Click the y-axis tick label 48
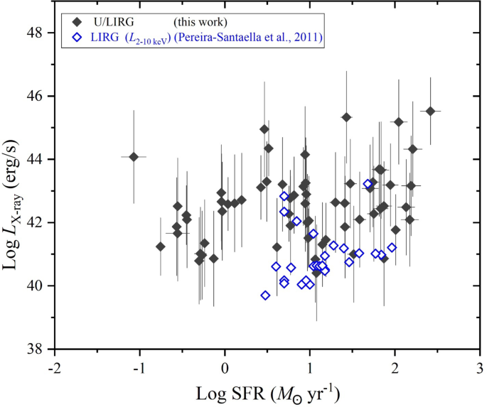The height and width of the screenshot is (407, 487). pos(36,33)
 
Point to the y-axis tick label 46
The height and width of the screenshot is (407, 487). pos(36,96)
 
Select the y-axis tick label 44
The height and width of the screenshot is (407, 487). pos(36,159)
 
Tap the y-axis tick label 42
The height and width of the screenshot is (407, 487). pos(36,222)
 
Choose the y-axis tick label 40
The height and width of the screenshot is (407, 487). pos(36,286)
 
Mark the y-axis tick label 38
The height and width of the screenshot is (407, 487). pos(36,349)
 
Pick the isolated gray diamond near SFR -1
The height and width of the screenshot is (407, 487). pos(134,156)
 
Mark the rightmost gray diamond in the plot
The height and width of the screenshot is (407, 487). pos(430,111)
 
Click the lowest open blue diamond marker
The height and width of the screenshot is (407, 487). pos(265,295)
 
